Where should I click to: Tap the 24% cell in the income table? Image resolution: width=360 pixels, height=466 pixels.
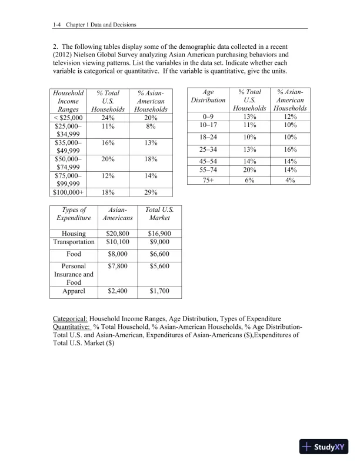coord(108,117)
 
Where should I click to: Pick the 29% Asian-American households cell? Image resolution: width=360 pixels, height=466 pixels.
coord(151,191)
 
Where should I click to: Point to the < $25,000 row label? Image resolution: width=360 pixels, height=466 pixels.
coord(68,117)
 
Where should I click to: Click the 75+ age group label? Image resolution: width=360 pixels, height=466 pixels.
coord(207,181)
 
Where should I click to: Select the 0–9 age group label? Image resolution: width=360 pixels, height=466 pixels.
coord(207,117)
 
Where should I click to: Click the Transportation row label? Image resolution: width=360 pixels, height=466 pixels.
coord(74,242)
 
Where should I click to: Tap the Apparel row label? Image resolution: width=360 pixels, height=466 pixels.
coord(74,291)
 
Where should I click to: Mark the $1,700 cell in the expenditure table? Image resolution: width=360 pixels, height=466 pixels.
coord(160,291)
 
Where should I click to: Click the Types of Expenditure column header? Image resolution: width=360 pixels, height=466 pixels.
coord(74,214)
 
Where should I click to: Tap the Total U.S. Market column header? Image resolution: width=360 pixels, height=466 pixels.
coord(160,214)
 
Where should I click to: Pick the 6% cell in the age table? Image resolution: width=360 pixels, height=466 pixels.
coord(250,181)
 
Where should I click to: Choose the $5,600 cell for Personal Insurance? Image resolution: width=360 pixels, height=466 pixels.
coord(160,266)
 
